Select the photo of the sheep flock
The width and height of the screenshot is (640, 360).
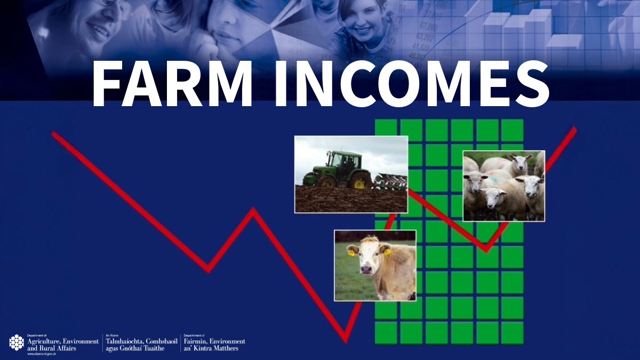click(x=503, y=185)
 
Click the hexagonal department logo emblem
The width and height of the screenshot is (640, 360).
click(x=17, y=342)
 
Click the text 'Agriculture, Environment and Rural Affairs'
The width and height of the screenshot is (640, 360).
click(x=62, y=345)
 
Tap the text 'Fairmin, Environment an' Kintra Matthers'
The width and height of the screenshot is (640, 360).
click(x=214, y=345)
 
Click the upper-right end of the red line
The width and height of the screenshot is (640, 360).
click(x=574, y=130)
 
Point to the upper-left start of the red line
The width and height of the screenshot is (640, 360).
click(x=54, y=133)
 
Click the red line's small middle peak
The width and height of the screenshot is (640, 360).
click(x=253, y=211)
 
